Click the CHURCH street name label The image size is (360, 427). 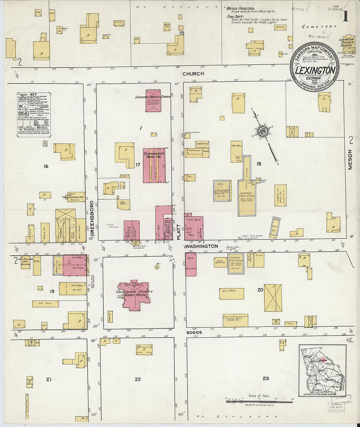tap(193, 74)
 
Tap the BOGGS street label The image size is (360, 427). tap(194, 332)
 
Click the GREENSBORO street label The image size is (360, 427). tap(92, 218)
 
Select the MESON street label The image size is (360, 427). tap(350, 160)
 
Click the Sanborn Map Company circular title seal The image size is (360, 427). tap(315, 67)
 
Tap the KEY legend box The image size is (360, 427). tap(34, 114)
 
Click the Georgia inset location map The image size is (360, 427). tap(323, 365)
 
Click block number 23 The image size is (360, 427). tap(266, 378)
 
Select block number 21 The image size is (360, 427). tap(49, 380)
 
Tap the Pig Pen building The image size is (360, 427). tap(45, 304)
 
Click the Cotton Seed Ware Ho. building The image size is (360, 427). tap(235, 320)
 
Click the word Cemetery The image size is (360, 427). tap(319, 27)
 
